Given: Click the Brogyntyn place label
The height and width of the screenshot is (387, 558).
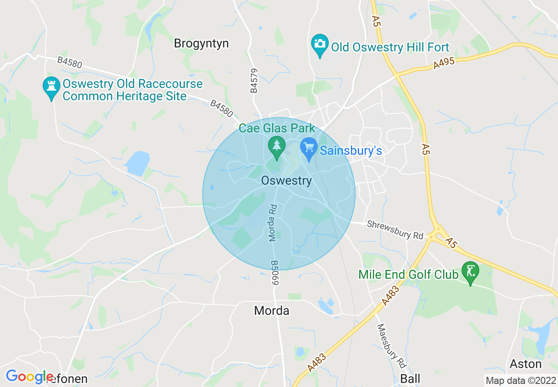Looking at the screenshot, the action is (201, 44).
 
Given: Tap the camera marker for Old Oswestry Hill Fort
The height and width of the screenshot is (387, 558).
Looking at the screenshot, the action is (320, 44).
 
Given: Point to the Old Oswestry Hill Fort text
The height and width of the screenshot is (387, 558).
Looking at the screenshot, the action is (390, 47).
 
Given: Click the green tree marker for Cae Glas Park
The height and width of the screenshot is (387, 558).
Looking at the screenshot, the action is (276, 146).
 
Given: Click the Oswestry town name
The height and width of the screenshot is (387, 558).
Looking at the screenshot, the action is (286, 181).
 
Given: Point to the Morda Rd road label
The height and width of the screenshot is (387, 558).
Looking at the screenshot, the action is (272, 223).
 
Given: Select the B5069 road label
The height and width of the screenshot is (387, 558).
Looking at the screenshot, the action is (275, 273).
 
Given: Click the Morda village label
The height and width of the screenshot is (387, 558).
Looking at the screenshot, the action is (272, 311).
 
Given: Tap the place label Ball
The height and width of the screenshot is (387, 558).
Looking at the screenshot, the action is (410, 379).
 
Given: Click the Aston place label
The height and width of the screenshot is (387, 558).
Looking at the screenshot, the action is (525, 364).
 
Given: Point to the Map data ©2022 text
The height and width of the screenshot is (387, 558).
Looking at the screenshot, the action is (521, 380).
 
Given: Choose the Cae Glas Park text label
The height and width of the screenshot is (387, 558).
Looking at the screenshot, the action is (277, 128).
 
